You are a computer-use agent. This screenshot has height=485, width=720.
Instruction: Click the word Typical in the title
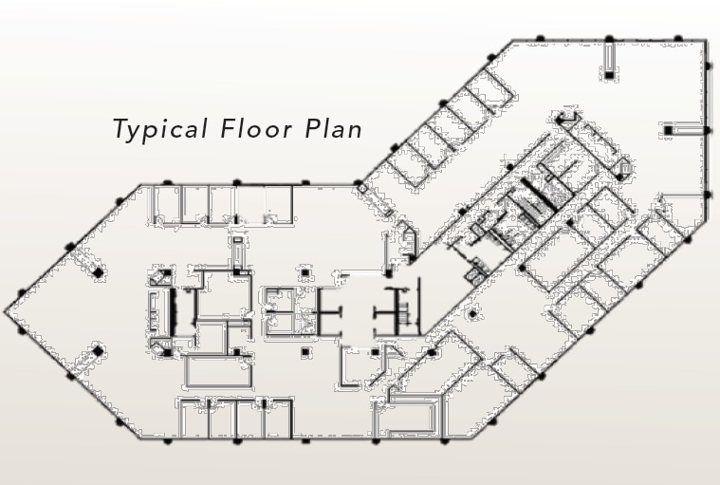(160, 129)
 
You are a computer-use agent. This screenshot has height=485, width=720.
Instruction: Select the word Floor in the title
(256, 128)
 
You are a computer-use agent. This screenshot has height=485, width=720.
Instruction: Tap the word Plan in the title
(334, 128)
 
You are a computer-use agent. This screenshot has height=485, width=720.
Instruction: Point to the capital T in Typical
(120, 128)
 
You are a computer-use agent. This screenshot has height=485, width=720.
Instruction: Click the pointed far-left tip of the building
(6, 311)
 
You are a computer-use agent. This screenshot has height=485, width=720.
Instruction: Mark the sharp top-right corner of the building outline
(706, 41)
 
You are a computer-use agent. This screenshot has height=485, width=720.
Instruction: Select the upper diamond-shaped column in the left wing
(98, 272)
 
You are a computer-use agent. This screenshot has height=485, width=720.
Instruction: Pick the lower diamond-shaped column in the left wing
(98, 352)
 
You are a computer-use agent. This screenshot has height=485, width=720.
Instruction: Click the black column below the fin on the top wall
(609, 75)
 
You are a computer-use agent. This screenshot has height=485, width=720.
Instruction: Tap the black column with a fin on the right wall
(668, 130)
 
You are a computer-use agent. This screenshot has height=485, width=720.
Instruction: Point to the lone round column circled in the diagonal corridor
(472, 314)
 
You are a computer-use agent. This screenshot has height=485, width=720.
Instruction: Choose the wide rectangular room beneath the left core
(218, 370)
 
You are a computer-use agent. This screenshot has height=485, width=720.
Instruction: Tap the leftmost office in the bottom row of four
(194, 419)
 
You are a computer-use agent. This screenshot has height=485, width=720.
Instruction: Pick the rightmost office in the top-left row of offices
(279, 204)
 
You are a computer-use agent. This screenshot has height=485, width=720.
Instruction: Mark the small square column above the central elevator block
(305, 272)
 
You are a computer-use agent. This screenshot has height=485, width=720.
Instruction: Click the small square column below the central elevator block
(305, 353)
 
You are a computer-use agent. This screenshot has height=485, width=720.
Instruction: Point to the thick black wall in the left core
(173, 312)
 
